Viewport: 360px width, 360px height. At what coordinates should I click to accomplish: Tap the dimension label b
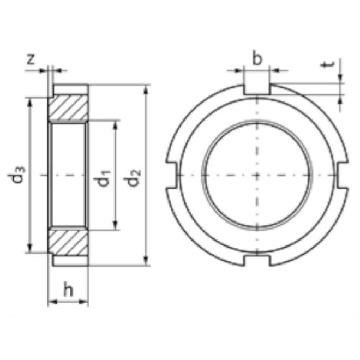(257, 58)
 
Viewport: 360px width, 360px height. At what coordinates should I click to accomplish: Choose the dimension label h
(68, 290)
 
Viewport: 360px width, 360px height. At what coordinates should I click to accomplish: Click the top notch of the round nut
(256, 89)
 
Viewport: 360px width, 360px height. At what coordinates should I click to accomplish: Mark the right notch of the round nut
(342, 175)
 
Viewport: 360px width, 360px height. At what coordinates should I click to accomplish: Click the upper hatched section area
(68, 109)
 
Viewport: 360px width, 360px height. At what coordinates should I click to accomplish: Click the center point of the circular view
(256, 175)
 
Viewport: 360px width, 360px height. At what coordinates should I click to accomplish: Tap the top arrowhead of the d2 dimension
(146, 88)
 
